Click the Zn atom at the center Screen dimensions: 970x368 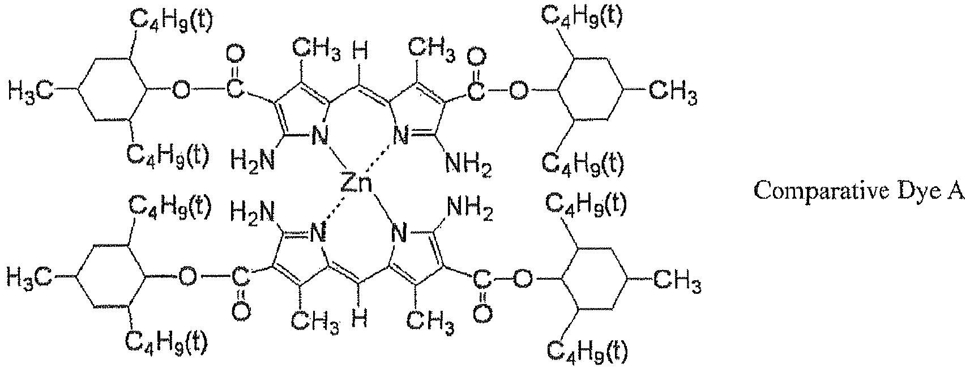(x=356, y=183)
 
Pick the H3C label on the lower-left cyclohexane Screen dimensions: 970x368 (x=29, y=277)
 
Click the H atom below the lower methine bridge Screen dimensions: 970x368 (x=360, y=320)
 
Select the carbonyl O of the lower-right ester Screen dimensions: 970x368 (x=482, y=313)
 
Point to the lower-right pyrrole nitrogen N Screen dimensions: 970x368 (x=399, y=234)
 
